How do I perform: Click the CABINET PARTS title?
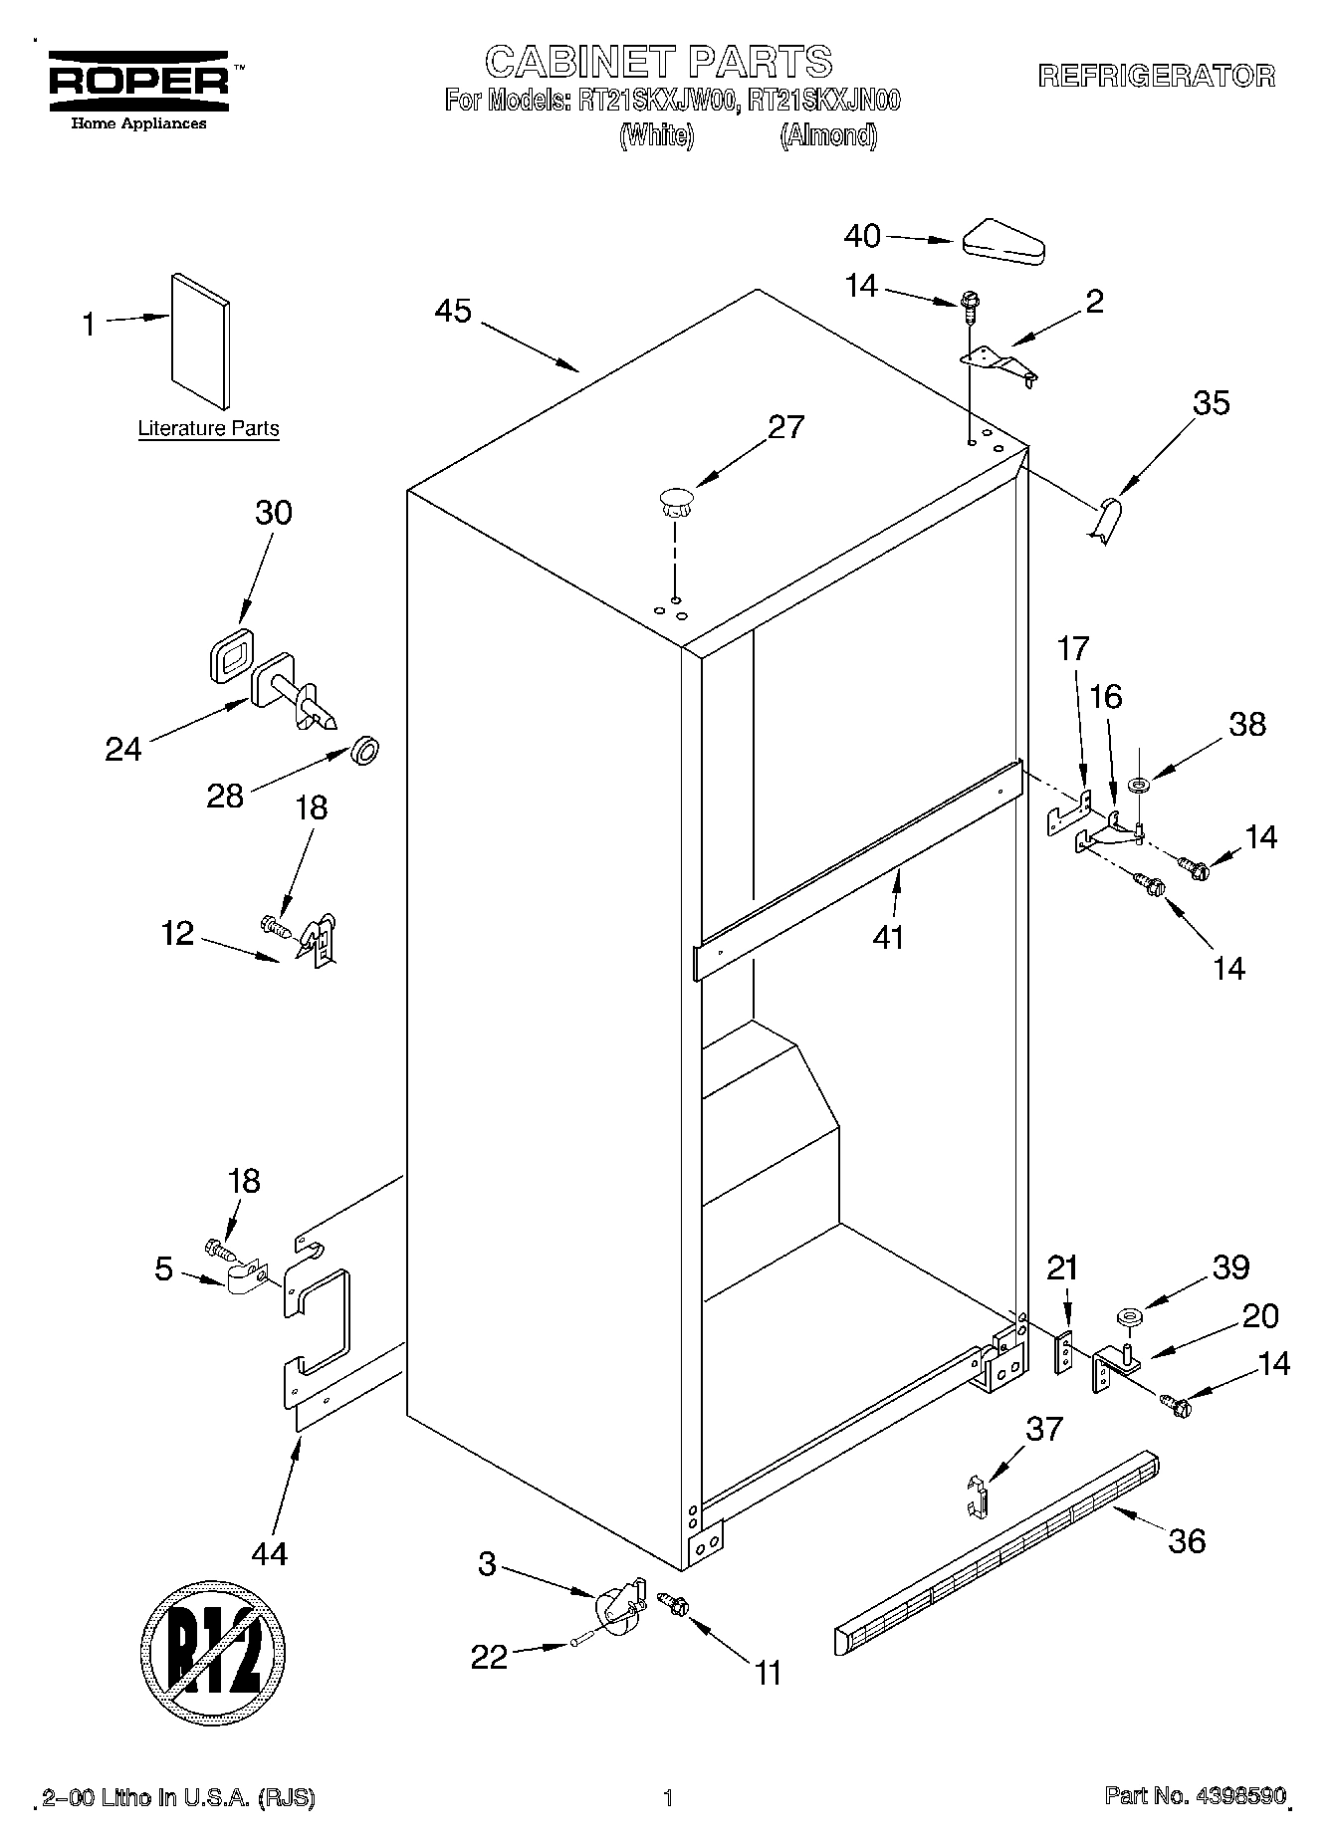[x=658, y=62]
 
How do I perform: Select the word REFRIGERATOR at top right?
[x=1157, y=77]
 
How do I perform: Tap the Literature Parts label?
[x=208, y=429]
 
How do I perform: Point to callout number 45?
[x=453, y=311]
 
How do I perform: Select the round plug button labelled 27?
[x=675, y=501]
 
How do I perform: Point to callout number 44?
[x=270, y=1552]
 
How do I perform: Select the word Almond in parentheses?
[x=828, y=135]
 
